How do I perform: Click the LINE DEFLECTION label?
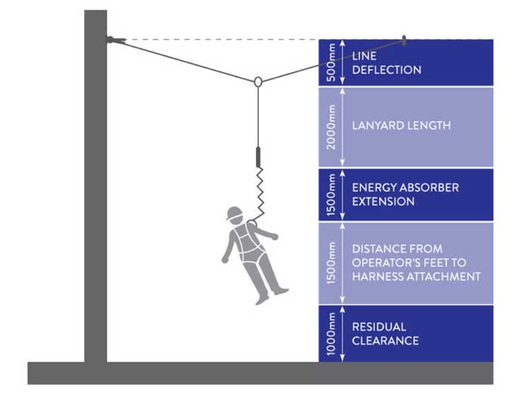(386, 62)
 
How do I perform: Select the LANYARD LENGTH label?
(401, 125)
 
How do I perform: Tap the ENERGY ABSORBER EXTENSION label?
(405, 194)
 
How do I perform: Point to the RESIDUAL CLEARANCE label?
(385, 334)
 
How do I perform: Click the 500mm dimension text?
(329, 62)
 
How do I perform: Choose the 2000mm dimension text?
(329, 127)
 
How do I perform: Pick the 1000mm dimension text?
(329, 334)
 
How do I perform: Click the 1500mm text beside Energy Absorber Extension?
(329, 194)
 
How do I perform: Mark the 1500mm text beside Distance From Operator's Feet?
(329, 263)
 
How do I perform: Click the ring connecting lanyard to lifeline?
(257, 81)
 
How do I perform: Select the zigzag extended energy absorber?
(259, 193)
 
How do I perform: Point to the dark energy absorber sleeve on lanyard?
(258, 158)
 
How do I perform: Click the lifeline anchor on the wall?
(112, 39)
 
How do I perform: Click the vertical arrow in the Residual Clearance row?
(344, 334)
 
